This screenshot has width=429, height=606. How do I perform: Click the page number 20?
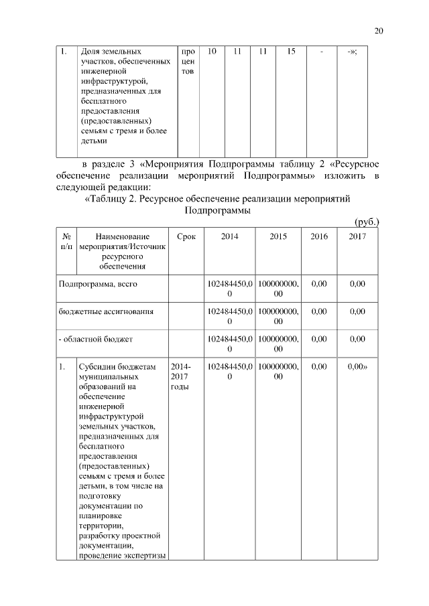tap(379, 31)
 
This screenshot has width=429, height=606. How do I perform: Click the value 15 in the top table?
tap(290, 51)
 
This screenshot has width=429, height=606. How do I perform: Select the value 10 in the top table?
tap(212, 51)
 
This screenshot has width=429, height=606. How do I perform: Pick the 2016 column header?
tap(319, 236)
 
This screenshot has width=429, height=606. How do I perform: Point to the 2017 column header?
tap(357, 236)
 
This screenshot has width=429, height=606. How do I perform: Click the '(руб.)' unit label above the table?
tap(366, 221)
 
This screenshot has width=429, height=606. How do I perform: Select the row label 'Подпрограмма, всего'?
tap(98, 284)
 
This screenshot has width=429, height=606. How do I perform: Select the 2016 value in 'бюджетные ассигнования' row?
tap(319, 311)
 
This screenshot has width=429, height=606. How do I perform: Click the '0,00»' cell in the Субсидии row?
tap(359, 367)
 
